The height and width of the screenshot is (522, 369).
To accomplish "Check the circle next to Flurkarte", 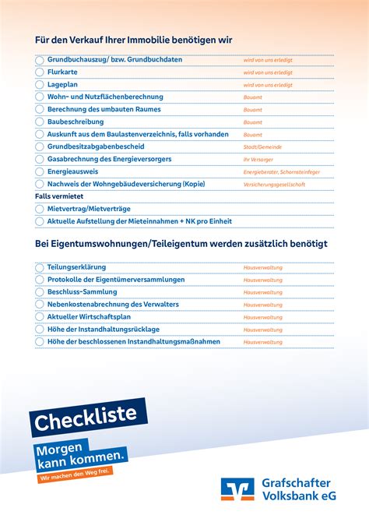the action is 40,72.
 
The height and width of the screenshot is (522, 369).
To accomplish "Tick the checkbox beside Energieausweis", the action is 40,171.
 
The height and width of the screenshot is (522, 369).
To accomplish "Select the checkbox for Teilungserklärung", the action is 40,267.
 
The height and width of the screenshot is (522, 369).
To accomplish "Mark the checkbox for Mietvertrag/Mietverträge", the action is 40,210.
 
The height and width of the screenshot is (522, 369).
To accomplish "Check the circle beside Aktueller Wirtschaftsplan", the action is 40,317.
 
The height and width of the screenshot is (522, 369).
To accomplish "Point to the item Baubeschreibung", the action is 75,122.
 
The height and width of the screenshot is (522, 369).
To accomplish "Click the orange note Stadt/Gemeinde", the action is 262,146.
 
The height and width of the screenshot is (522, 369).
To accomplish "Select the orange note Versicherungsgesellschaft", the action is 274,185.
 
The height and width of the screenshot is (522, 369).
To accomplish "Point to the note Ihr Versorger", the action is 258,159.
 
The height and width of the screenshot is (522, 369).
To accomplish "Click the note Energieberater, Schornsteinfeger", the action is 281,171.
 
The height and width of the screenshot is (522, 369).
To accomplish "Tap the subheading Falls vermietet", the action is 59,197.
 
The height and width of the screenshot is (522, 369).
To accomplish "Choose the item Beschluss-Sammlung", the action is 82,292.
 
